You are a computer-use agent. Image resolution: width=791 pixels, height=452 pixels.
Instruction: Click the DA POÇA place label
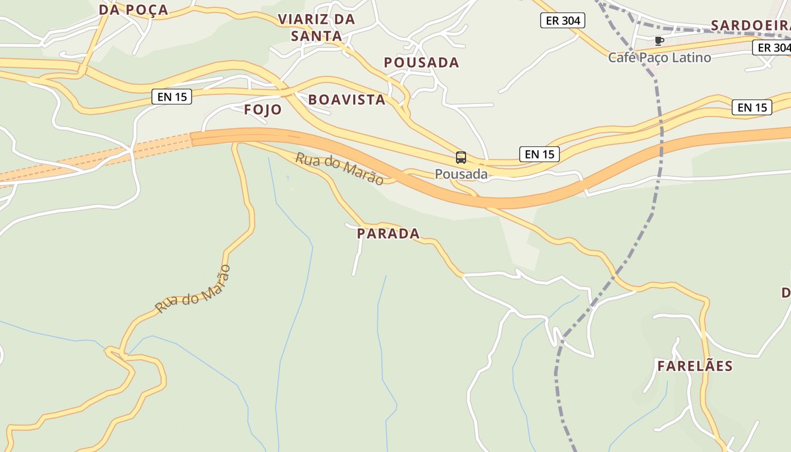point(133,10)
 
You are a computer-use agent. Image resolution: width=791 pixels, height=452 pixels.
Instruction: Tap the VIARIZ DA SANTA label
point(316,28)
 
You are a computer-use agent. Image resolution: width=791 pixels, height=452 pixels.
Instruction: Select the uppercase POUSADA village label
point(421,62)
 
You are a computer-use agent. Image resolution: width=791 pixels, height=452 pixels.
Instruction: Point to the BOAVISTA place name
point(346,100)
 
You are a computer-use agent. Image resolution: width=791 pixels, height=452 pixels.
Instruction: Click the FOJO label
point(263,110)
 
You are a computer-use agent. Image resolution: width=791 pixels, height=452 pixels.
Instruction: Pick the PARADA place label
point(388,233)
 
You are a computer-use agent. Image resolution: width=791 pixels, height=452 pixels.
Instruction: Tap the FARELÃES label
point(694,366)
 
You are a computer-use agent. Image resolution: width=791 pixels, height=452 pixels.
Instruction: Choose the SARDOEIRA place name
point(750,25)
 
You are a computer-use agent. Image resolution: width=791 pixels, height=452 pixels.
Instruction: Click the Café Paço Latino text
point(659,57)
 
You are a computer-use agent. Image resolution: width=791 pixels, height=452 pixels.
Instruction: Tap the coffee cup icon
point(658,41)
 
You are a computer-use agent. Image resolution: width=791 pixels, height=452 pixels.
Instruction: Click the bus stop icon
point(461,158)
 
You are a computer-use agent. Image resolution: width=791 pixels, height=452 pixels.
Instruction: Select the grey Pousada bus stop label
point(461,174)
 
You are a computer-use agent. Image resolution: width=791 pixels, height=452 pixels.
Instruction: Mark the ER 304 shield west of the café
point(563,21)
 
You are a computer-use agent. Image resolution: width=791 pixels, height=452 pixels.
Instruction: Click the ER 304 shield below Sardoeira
point(773,48)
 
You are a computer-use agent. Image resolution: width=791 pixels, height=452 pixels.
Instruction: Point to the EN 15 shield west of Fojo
point(172,97)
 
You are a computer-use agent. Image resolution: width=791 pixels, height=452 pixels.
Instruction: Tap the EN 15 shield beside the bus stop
point(539,154)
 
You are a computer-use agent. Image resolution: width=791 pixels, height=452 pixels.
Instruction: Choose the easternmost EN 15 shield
point(751,107)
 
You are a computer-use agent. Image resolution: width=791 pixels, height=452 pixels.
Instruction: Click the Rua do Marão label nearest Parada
point(339,168)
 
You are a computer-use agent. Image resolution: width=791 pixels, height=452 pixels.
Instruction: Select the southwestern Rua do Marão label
point(193,289)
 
